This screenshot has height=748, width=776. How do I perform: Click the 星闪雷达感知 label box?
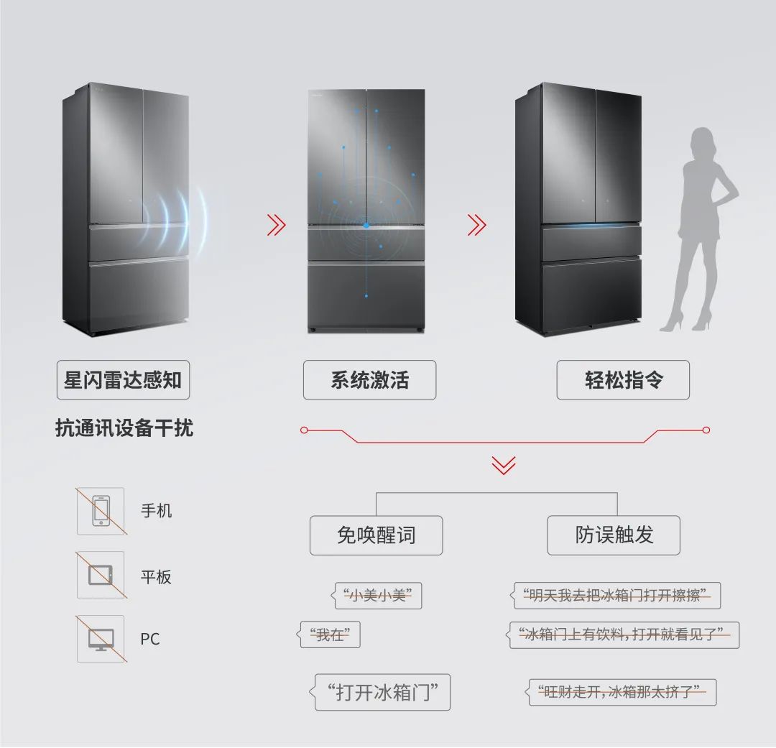pos(123,380)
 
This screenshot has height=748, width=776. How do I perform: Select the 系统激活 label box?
pos(369,380)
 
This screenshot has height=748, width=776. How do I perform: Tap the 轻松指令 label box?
pos(623,380)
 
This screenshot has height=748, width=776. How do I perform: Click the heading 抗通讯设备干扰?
pos(124,428)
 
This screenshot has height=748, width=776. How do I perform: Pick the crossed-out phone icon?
pos(101,511)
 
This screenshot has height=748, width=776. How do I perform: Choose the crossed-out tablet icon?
pos(101,575)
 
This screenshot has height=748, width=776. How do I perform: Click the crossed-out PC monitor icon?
pos(101,639)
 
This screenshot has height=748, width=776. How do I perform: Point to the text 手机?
pos(156,511)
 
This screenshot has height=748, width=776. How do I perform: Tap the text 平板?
pos(156,576)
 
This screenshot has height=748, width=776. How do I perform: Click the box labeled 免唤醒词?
pos(376,535)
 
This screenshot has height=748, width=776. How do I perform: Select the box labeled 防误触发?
pos(614,535)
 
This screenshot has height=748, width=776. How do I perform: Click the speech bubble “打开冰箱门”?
pos(383,693)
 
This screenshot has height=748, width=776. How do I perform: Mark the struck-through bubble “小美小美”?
pos(378,596)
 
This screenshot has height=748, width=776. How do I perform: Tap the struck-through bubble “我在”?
pos(330,635)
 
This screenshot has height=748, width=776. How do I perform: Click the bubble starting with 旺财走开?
pos(622,693)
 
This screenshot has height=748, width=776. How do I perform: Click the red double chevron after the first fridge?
pos(276,226)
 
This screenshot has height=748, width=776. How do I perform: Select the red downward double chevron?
pos(504,465)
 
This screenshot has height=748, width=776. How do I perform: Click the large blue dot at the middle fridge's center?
pos(366,226)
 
